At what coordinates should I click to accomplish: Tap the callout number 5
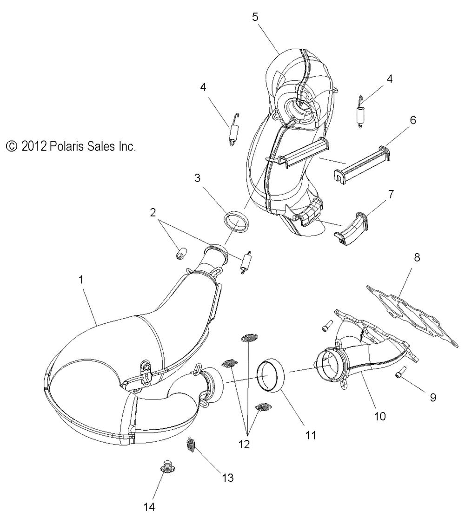pos(255,17)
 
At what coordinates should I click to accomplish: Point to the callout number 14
pos(148,506)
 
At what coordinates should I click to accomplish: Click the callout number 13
pos(227,477)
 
